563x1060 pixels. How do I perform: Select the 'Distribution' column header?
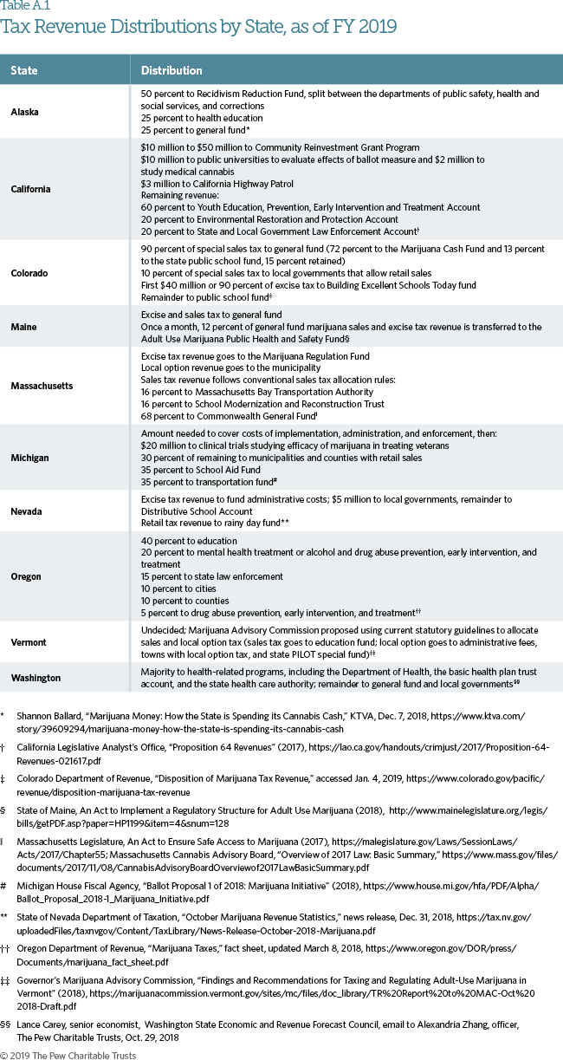click(171, 70)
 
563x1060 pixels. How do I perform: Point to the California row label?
click(30, 189)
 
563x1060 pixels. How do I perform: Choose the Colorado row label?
click(29, 273)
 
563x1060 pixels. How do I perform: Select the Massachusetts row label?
click(42, 387)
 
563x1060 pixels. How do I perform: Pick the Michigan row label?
click(29, 457)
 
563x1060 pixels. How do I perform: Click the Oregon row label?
click(27, 576)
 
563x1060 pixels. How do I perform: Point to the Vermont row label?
click(29, 642)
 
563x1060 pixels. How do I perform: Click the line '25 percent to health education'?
click(197, 118)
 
